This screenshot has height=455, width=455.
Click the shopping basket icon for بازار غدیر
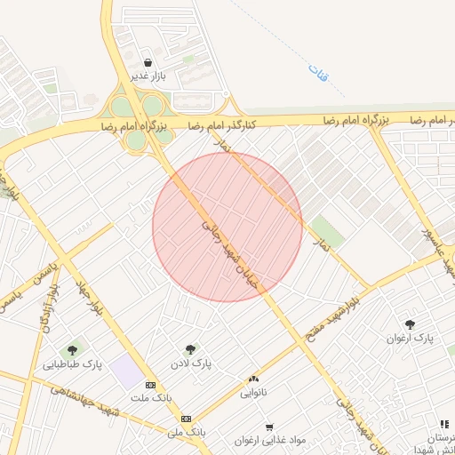[148, 62]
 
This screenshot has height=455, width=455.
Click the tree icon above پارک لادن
[189, 349]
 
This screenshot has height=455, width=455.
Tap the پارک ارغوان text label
[410, 339]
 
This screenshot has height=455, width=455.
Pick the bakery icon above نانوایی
[254, 379]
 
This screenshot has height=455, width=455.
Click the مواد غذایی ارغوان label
[270, 440]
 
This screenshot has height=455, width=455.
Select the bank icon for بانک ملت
[149, 385]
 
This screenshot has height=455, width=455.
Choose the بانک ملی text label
[186, 432]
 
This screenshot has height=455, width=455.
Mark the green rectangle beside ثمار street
[326, 229]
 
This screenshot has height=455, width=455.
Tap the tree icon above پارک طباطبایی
[72, 349]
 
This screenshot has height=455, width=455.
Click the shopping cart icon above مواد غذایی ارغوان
[269, 426]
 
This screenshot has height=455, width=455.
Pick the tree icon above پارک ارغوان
[410, 324]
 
